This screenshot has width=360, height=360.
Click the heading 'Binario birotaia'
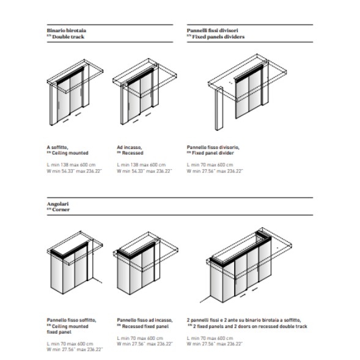click(x=67, y=31)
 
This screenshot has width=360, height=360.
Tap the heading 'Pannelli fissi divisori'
click(x=212, y=31)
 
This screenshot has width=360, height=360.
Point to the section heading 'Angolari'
click(x=57, y=204)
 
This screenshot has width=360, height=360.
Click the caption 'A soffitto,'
click(x=57, y=147)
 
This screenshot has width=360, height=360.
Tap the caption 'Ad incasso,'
click(x=129, y=147)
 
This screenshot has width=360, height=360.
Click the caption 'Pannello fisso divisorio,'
click(x=213, y=147)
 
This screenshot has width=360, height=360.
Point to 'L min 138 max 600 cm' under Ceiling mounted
click(x=71, y=165)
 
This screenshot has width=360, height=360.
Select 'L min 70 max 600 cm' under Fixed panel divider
click(x=210, y=165)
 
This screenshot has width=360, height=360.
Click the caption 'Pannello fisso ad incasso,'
click(x=145, y=320)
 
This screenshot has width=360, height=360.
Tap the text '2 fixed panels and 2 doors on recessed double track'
click(x=250, y=326)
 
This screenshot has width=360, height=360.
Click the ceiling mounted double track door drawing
click(x=75, y=92)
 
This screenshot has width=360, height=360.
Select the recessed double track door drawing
click(x=145, y=92)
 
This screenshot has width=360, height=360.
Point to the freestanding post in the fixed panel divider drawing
click(x=219, y=108)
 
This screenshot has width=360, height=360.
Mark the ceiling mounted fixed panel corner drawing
click(x=75, y=262)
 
